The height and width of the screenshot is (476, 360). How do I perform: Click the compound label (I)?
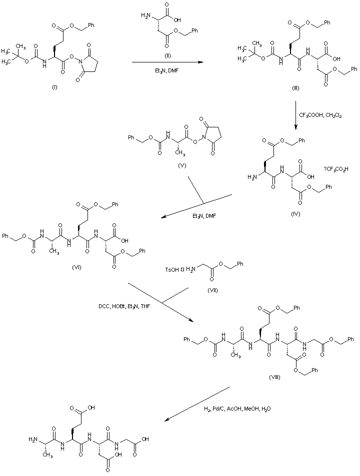point(55,87)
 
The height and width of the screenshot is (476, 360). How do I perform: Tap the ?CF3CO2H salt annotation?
point(336,170)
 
